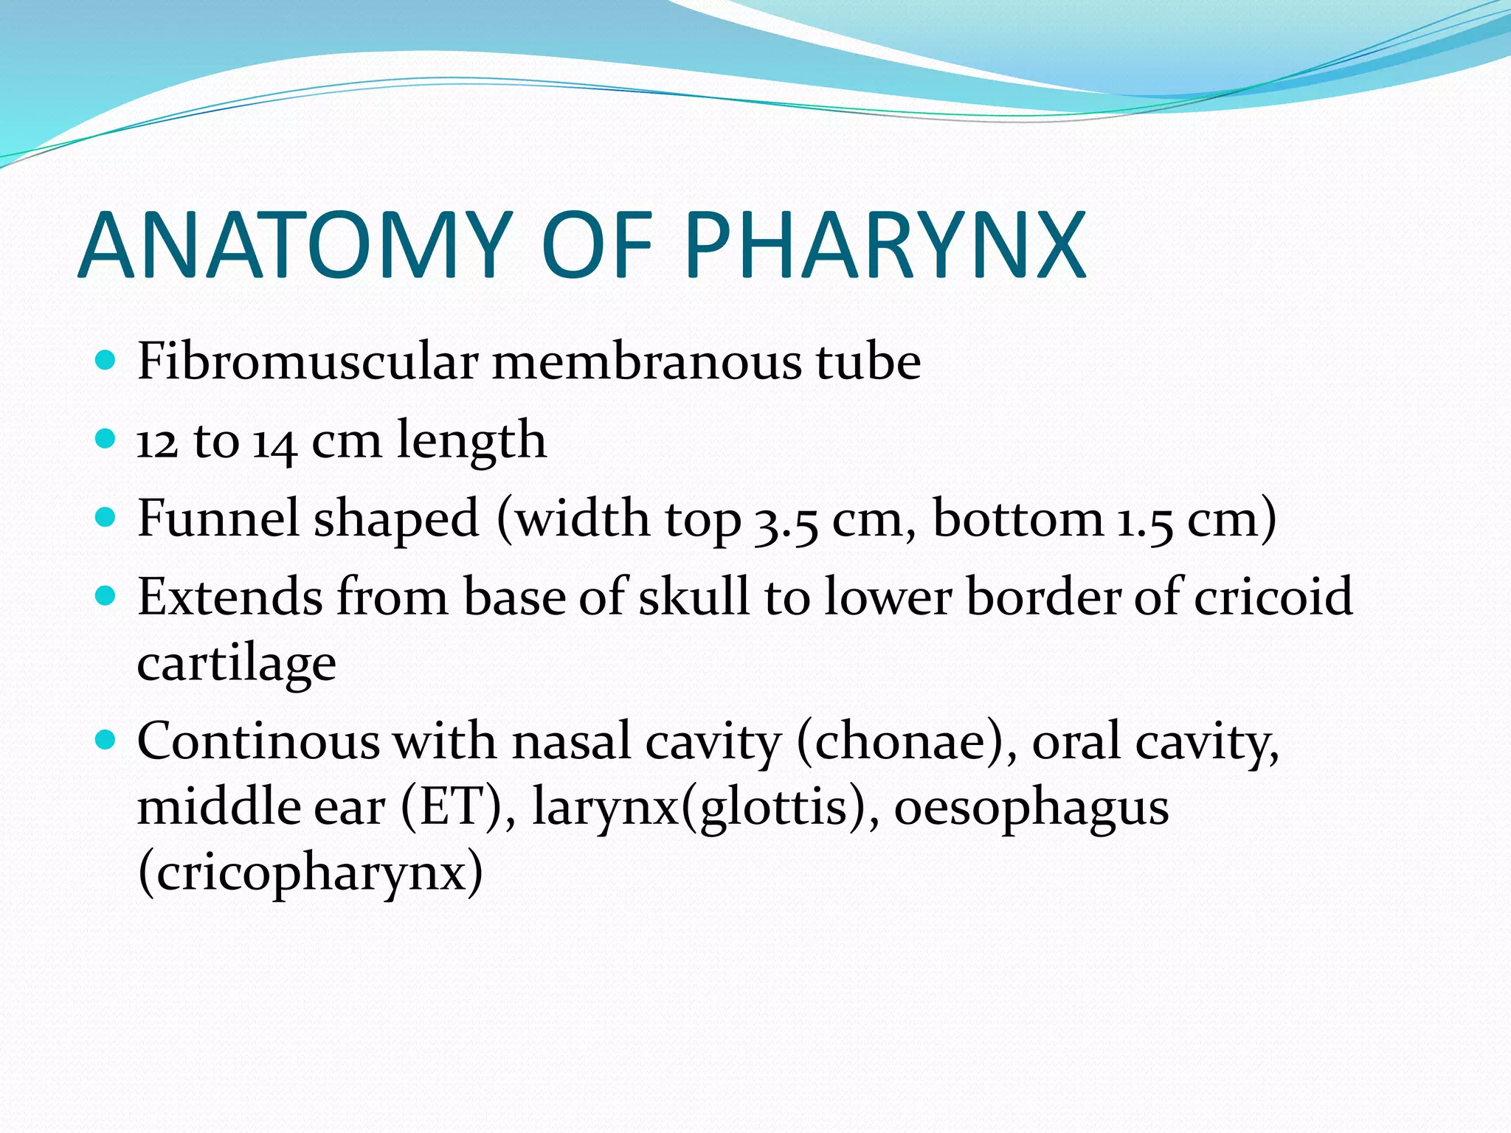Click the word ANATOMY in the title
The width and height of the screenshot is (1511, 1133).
(x=295, y=245)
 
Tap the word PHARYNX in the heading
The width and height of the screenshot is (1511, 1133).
(x=885, y=245)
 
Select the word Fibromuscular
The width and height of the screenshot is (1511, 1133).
(x=308, y=362)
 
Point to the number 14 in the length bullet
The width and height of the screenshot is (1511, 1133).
(x=274, y=442)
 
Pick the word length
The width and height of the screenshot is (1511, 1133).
(x=471, y=442)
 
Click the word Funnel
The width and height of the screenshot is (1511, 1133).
(x=218, y=519)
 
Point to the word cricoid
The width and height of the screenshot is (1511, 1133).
(x=1273, y=596)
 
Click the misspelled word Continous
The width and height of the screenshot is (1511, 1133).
(x=258, y=741)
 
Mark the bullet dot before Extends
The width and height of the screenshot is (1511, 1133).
(x=106, y=595)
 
